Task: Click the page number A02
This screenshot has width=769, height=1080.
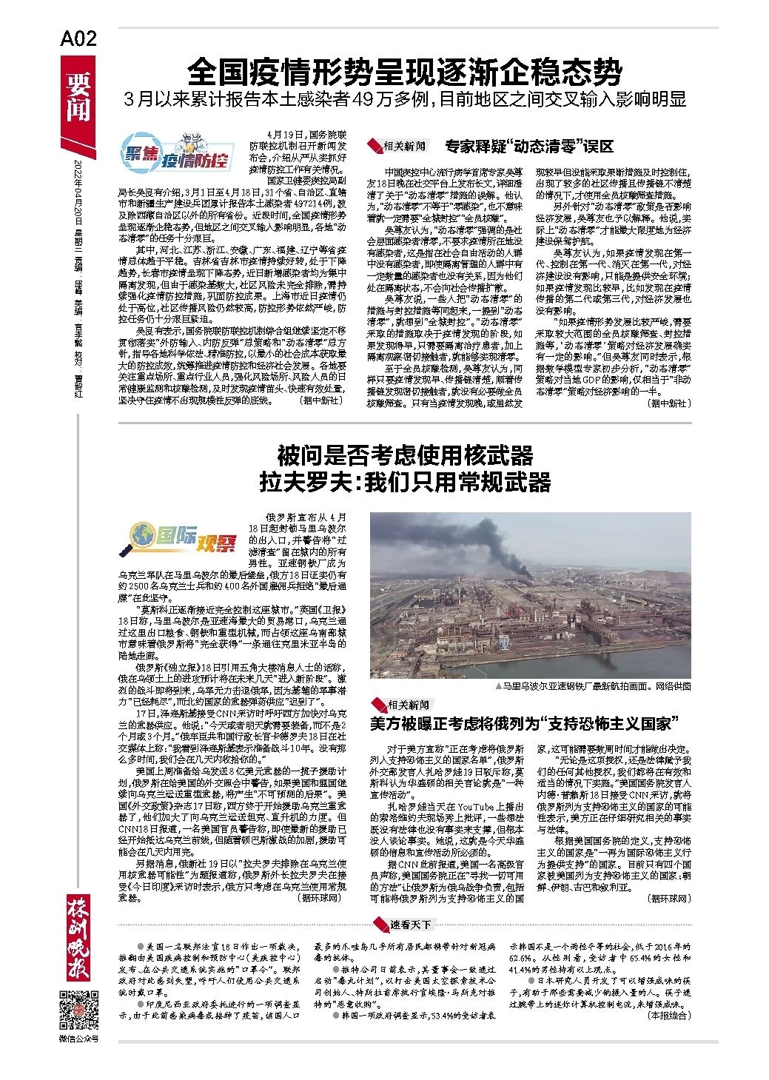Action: [x=78, y=39]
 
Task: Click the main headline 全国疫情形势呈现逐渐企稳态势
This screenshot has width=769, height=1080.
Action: [x=404, y=73]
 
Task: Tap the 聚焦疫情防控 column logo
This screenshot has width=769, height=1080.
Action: [x=175, y=155]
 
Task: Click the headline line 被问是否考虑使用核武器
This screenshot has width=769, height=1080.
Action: [x=405, y=454]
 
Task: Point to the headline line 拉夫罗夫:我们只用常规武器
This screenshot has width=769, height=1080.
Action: [x=405, y=483]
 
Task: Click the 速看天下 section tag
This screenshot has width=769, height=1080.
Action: [x=412, y=924]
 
